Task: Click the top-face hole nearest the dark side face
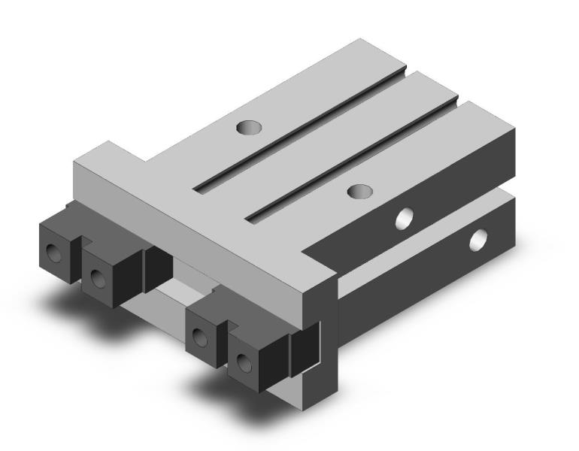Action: coord(361,191)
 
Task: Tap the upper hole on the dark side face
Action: coord(405,219)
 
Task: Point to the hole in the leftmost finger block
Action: coord(53,252)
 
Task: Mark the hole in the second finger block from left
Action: coord(97,279)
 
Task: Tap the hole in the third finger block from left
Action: coord(200,337)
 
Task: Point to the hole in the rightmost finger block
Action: coord(242,364)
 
